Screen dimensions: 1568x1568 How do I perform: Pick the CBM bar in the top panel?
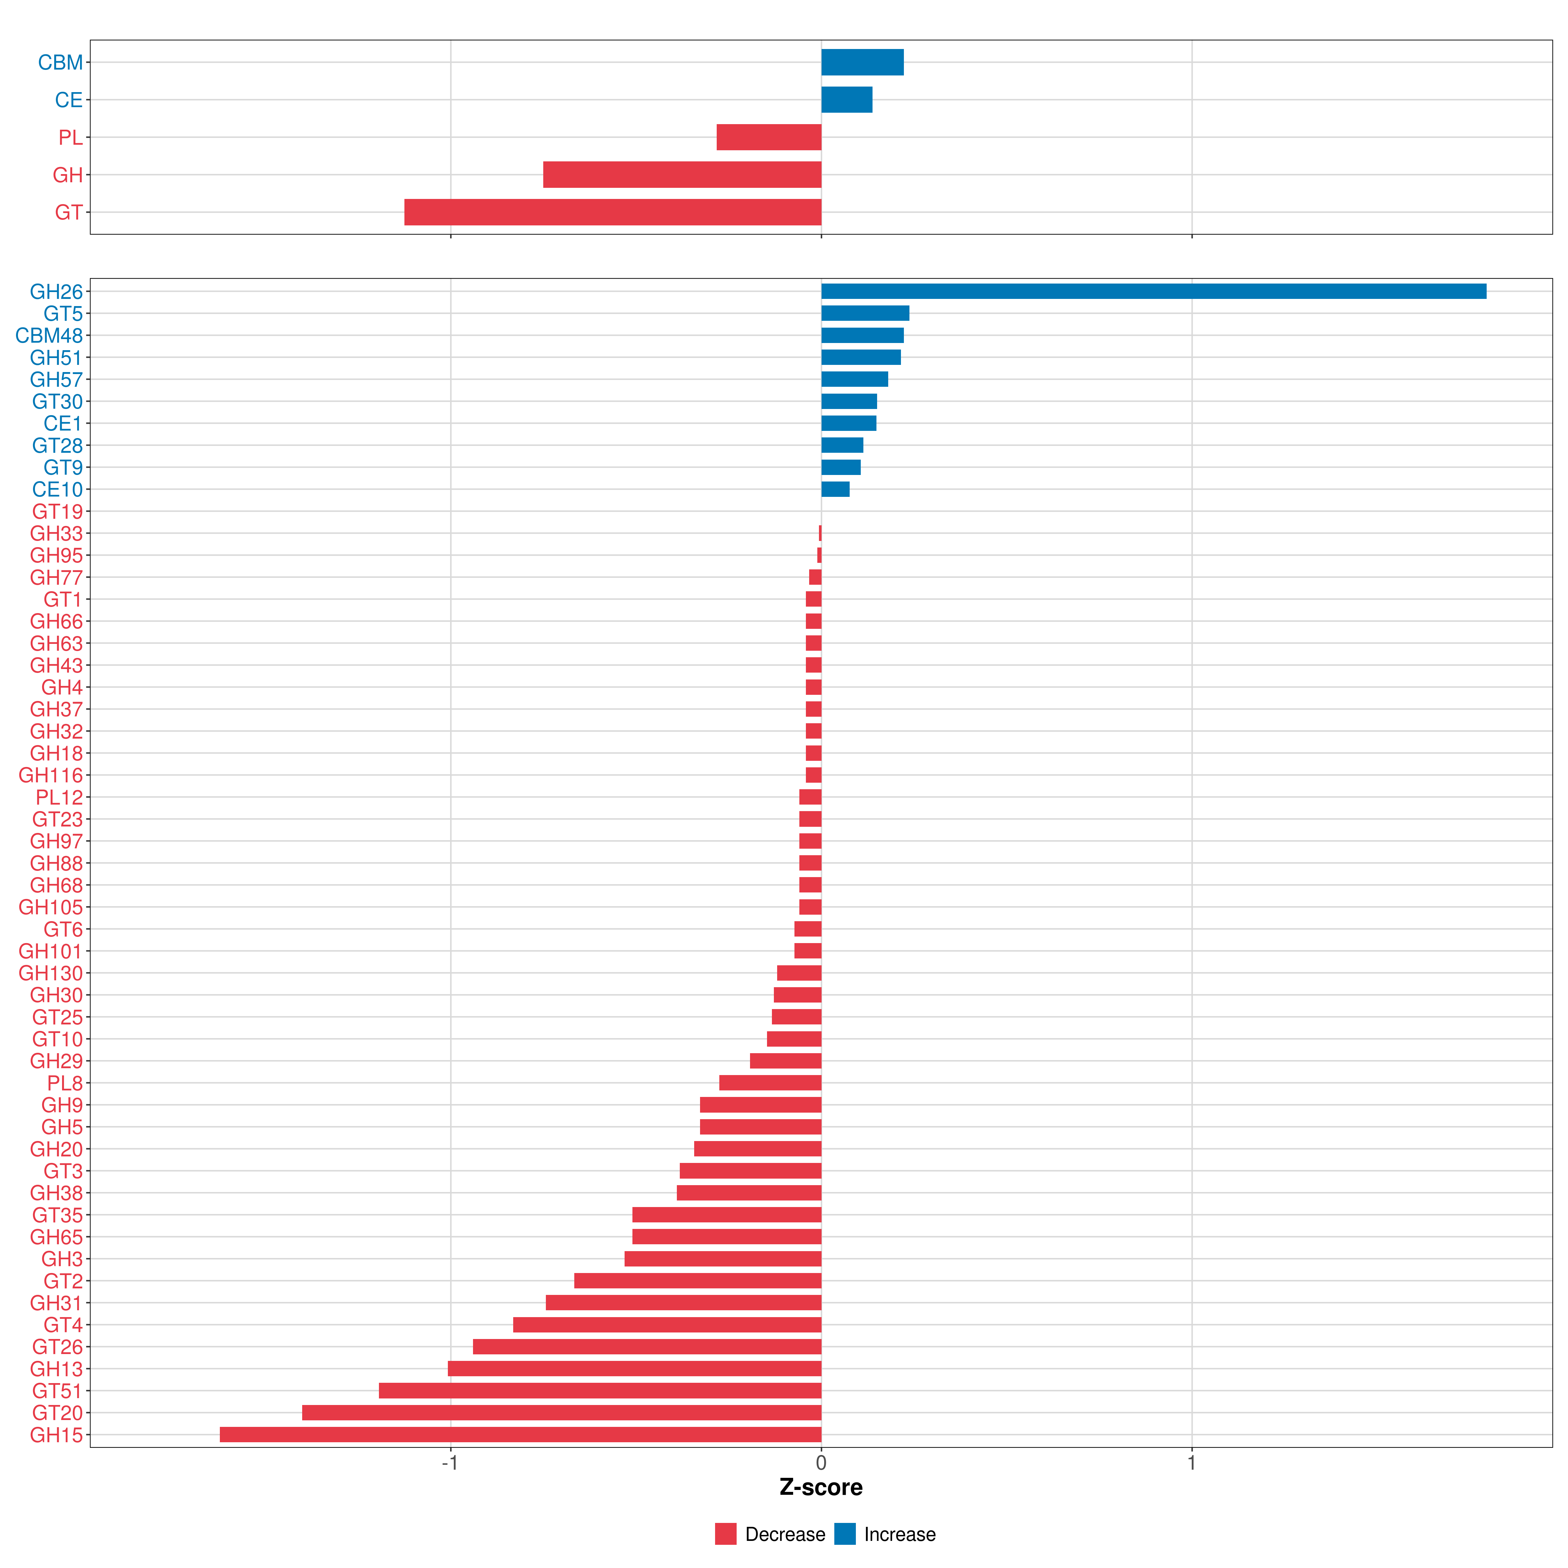[862, 62]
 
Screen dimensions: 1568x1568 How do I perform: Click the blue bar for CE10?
[835, 489]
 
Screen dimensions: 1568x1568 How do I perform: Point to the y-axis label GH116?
[50, 775]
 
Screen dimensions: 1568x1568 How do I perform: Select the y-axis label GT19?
[57, 511]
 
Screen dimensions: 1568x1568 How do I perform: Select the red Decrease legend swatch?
[726, 1534]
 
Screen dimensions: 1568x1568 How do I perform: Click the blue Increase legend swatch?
[845, 1534]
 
